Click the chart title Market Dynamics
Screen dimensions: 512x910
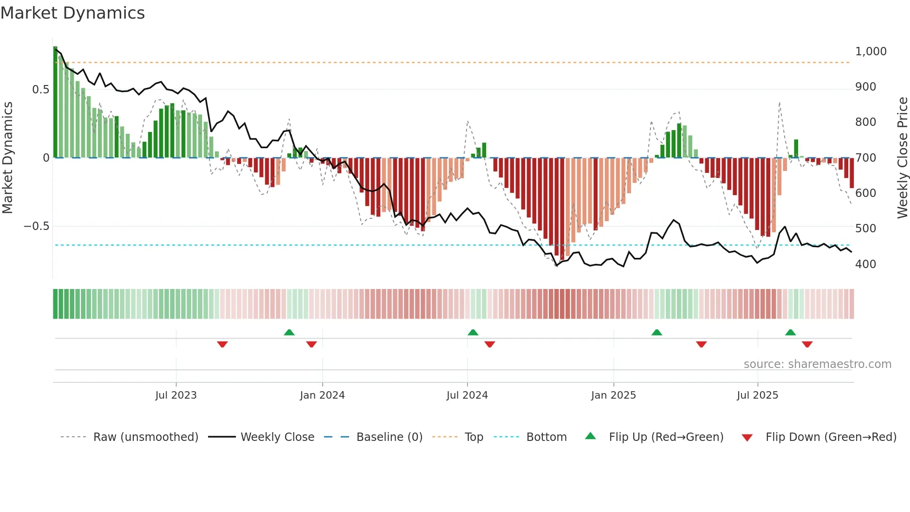tap(72, 13)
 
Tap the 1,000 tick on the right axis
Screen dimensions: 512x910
tap(871, 52)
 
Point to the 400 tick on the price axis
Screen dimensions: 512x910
tap(865, 264)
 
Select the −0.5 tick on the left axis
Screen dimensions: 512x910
tap(36, 226)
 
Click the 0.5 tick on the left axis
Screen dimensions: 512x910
tap(40, 90)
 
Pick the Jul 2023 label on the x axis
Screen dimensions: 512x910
tap(176, 395)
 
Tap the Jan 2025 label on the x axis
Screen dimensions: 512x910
tap(613, 395)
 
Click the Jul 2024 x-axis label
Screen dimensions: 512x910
tap(467, 395)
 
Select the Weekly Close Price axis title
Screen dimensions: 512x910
tap(902, 158)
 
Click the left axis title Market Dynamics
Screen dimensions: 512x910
tap(7, 158)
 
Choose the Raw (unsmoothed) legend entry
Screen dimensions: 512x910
tap(145, 437)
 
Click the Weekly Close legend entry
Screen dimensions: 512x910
tap(277, 437)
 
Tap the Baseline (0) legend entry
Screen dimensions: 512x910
tap(389, 437)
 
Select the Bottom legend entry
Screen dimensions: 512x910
tap(546, 437)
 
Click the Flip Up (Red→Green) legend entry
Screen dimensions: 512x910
tap(666, 437)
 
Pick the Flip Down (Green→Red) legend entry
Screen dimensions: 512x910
tap(831, 437)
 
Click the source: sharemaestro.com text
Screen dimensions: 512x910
tap(817, 364)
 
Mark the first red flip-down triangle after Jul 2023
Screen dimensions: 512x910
tap(222, 344)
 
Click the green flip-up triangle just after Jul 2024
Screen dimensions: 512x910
tap(473, 332)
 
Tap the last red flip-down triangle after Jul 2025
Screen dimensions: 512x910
tap(807, 344)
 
